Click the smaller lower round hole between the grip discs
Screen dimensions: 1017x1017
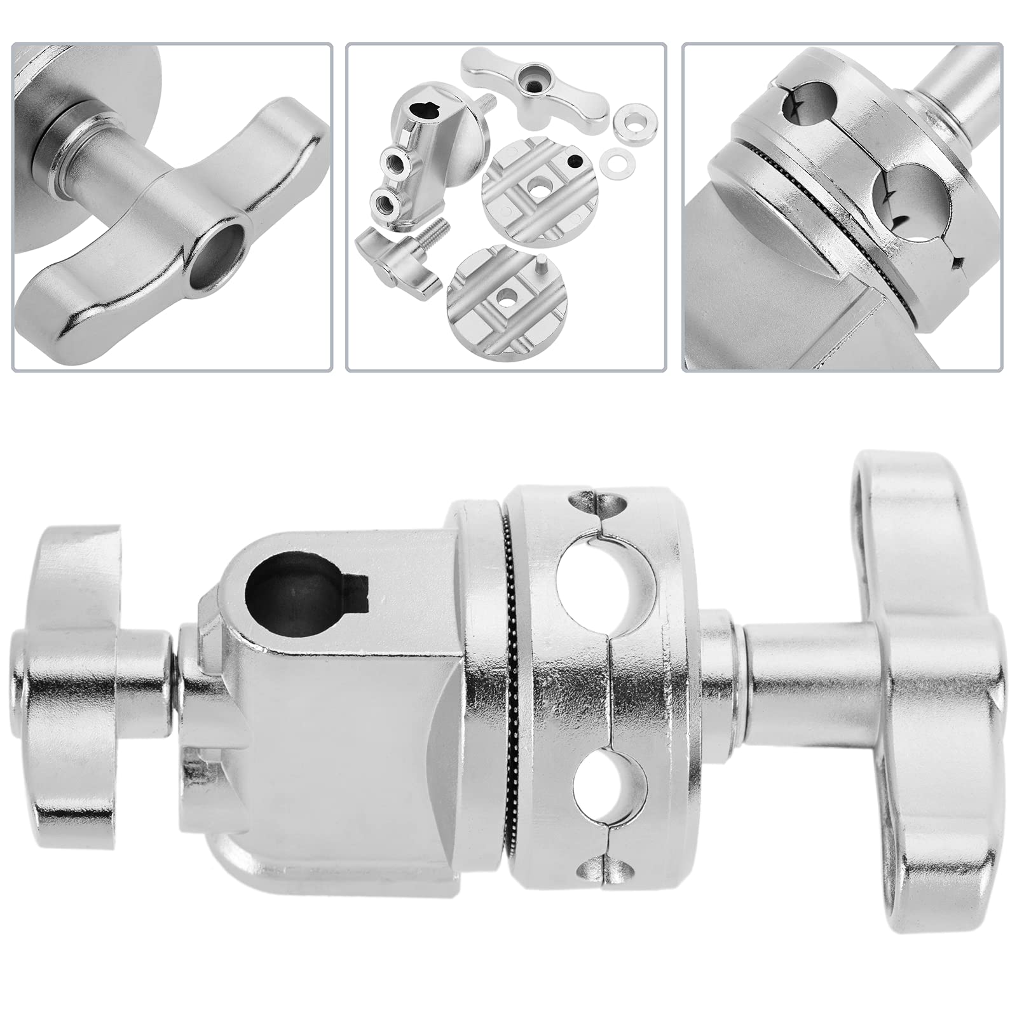(609, 786)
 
